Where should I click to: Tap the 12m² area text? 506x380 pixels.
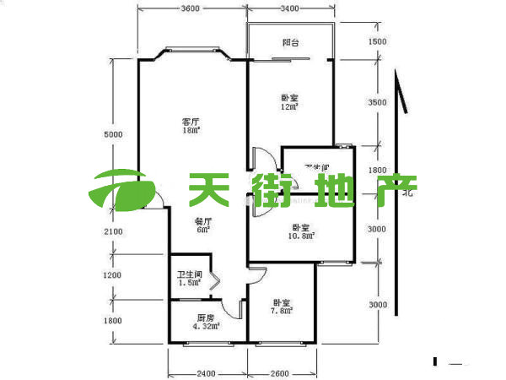point(291,106)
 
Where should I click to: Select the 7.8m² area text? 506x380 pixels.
point(282,311)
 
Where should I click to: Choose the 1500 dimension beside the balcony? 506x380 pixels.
point(377,41)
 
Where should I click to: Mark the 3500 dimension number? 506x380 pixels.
point(377,101)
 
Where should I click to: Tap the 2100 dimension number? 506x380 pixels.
point(114,231)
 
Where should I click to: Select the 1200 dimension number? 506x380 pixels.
point(114,275)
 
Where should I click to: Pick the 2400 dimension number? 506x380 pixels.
point(207,374)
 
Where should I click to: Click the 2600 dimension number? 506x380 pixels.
point(281,374)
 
